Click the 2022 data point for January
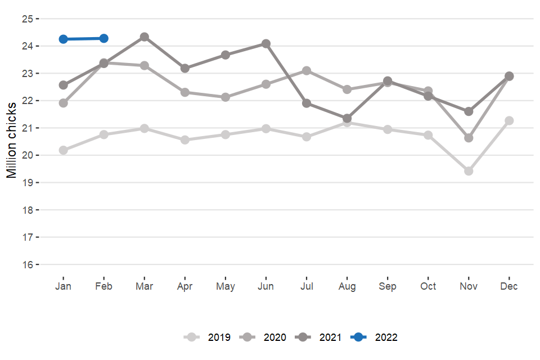63,39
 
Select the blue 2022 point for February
103,38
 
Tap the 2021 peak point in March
145,37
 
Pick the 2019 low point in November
469,171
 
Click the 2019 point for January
63,150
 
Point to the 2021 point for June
266,43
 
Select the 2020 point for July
307,70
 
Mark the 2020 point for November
469,138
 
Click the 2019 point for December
509,120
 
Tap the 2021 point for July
307,103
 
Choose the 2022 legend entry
374,337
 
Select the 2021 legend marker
303,337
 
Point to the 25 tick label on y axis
28,19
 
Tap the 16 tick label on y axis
28,264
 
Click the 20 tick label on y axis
28,155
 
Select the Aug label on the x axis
347,286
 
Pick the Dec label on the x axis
509,286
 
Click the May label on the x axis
226,286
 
